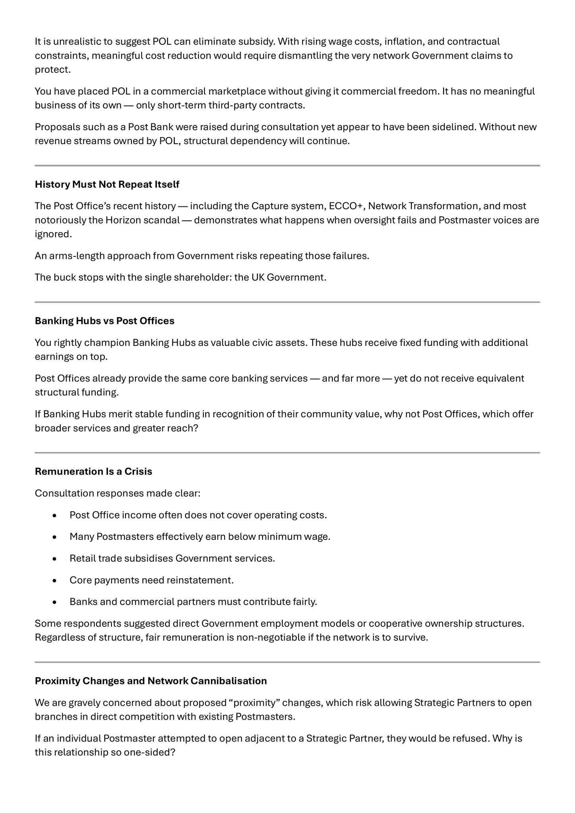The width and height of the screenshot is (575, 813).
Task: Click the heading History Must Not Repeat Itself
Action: click(107, 185)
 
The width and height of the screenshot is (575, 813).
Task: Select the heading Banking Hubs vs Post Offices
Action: click(104, 321)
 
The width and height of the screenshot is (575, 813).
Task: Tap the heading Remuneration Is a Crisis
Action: click(93, 472)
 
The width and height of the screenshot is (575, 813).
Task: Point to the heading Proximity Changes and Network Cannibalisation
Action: click(151, 681)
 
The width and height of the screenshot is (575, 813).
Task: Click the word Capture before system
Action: click(268, 206)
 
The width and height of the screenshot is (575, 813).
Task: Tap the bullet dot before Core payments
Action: click(55, 580)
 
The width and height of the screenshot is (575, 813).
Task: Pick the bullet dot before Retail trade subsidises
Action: click(55, 559)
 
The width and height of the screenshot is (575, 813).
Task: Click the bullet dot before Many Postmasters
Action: click(55, 537)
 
